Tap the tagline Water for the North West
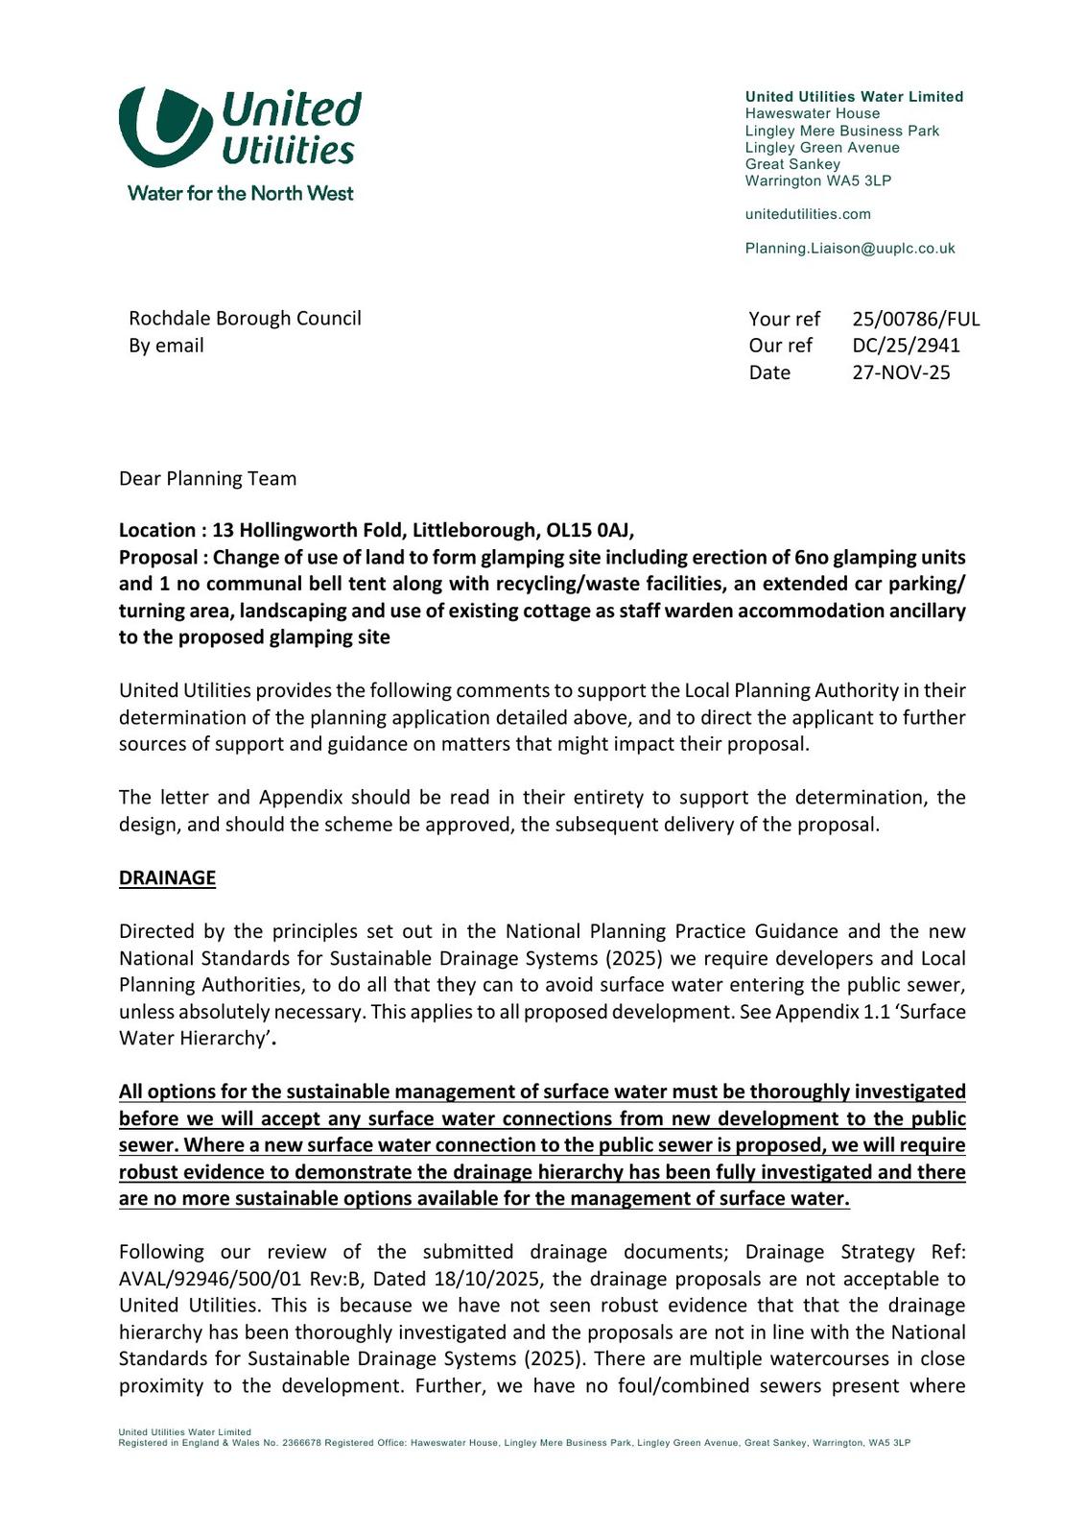[x=240, y=193]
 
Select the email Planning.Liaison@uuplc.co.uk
[x=850, y=249]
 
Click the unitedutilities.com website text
[x=808, y=214]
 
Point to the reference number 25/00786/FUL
[x=915, y=319]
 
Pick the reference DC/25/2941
[x=906, y=346]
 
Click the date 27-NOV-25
[x=901, y=372]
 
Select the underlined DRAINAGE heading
[x=167, y=877]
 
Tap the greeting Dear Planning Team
[x=207, y=478]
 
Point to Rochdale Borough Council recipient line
[x=245, y=318]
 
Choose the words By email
[x=166, y=346]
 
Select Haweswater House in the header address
[x=812, y=113]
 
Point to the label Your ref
[x=784, y=319]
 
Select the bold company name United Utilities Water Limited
[x=854, y=97]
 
